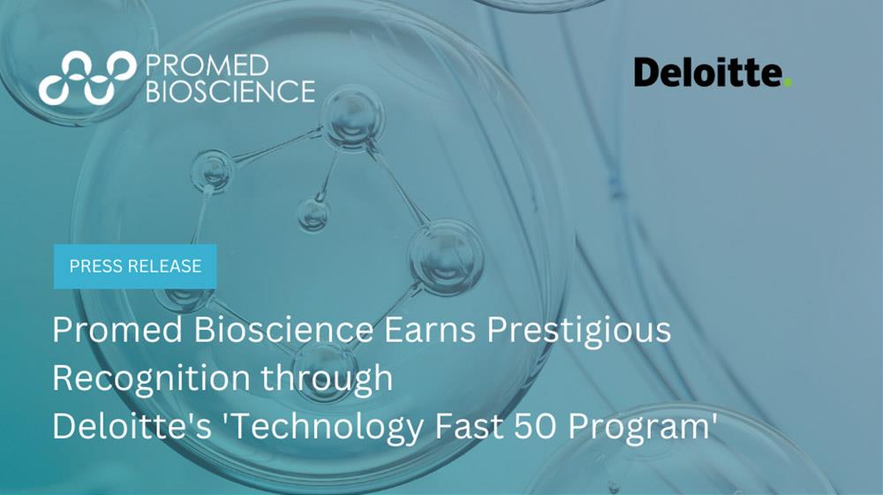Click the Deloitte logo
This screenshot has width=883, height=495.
coord(713,72)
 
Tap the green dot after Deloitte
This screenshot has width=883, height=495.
coord(788,82)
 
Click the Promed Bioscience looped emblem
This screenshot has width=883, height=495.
coord(87,79)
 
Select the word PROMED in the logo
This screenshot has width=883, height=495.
coord(207,65)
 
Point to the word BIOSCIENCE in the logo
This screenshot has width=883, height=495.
coord(230,91)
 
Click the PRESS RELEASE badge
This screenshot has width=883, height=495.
coord(135,266)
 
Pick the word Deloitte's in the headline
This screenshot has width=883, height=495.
coord(132,426)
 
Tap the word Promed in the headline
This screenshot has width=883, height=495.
coord(117,329)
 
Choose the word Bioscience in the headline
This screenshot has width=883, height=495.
coord(283,329)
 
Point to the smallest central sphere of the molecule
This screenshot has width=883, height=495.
coord(313,215)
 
